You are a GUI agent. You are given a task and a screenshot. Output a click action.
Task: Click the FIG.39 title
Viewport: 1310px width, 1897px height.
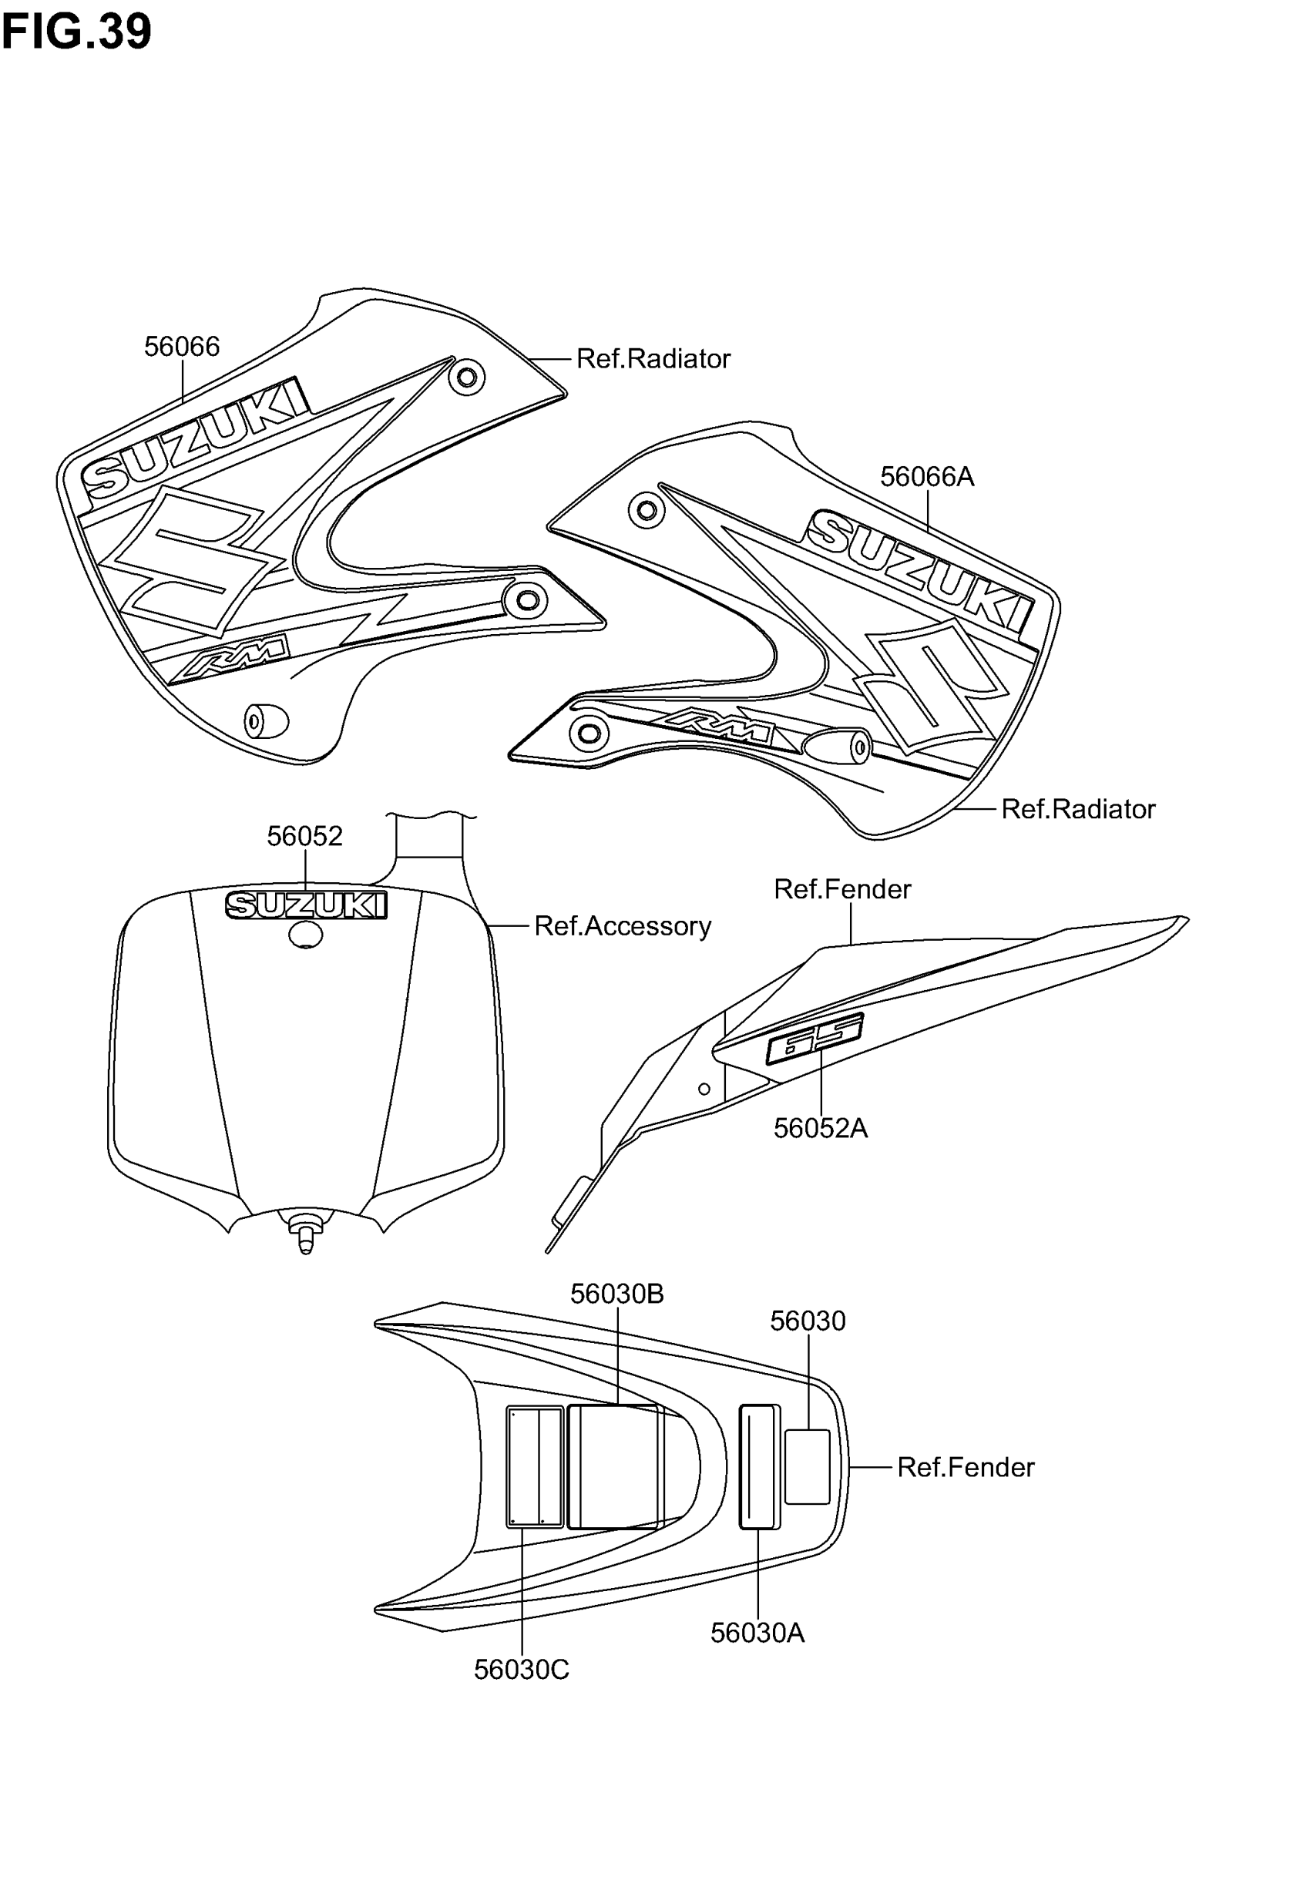tap(76, 33)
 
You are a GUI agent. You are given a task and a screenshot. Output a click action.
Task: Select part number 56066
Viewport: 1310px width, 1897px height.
tap(181, 347)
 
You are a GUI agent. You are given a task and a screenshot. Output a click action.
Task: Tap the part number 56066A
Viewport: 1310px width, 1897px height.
tap(927, 477)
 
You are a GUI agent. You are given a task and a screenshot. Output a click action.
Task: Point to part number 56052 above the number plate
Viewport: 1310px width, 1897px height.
tap(304, 836)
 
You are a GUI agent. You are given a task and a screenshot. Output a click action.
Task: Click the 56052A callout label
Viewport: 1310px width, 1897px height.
tap(820, 1129)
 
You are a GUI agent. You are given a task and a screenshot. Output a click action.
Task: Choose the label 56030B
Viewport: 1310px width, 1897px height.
tap(616, 1294)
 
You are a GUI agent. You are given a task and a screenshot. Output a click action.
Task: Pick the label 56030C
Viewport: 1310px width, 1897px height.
tap(521, 1670)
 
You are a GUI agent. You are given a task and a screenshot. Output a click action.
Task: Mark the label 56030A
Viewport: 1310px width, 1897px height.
tap(757, 1633)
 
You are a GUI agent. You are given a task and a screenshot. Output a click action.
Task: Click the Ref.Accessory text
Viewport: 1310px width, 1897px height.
tap(622, 926)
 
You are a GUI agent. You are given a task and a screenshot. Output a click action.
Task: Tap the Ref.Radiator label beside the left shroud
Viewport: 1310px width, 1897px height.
tap(653, 358)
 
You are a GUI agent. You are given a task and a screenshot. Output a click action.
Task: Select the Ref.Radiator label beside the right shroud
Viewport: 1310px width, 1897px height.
tap(1078, 809)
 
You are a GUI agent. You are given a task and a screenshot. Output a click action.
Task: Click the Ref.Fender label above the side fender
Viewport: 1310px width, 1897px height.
tap(842, 889)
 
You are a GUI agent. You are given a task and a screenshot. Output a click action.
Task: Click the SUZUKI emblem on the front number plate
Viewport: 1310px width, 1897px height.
tap(305, 905)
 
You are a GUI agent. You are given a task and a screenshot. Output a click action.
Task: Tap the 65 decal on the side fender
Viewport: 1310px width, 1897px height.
tap(815, 1039)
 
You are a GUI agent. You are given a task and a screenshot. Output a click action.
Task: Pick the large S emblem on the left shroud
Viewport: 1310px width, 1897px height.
tap(193, 558)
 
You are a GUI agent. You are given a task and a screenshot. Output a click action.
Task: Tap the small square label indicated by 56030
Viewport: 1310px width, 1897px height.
tap(807, 1466)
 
